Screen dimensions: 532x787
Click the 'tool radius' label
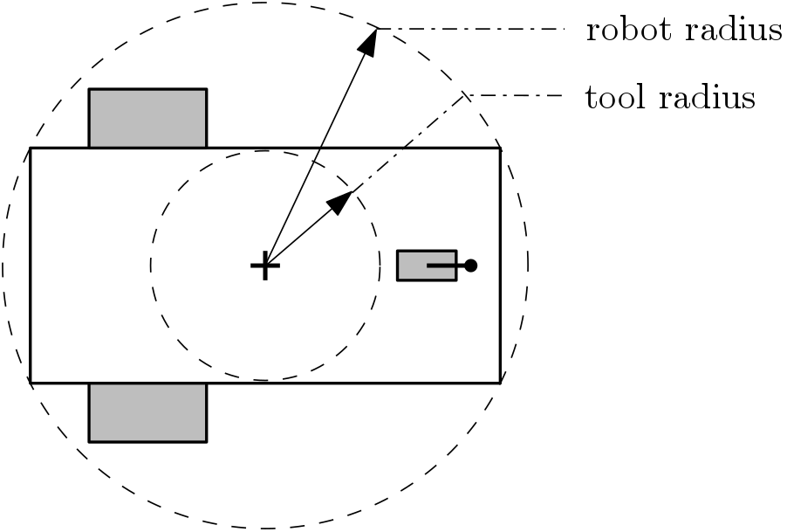(x=669, y=98)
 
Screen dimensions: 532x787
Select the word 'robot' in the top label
(x=621, y=31)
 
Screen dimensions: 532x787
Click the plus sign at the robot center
(x=264, y=265)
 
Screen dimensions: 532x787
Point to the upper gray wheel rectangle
(x=147, y=118)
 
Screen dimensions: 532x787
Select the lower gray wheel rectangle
(x=147, y=412)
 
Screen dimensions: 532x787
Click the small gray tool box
(x=414, y=266)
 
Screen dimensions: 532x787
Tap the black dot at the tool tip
(x=470, y=265)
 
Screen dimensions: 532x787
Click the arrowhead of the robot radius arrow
(x=370, y=42)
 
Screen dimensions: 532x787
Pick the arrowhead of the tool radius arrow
(x=340, y=201)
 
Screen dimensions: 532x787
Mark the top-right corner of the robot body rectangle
(x=500, y=149)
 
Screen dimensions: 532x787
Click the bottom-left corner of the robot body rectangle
(x=31, y=383)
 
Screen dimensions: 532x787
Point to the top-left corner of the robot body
(x=31, y=149)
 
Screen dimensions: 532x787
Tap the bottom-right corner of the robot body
(x=500, y=383)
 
